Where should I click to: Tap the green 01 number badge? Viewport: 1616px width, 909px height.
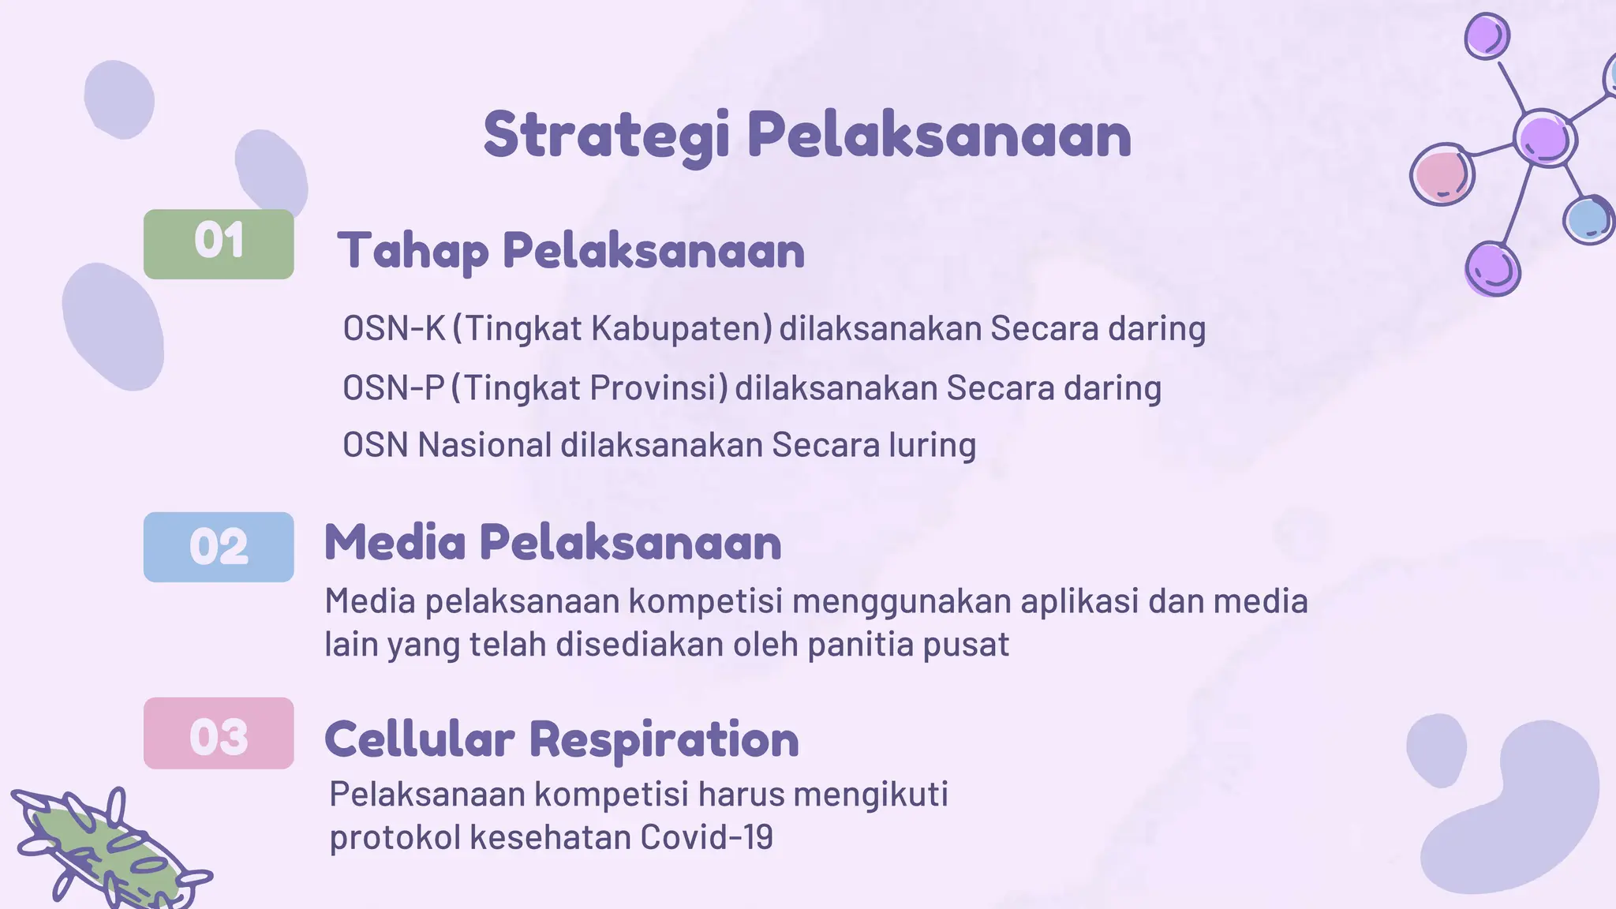pyautogui.click(x=219, y=244)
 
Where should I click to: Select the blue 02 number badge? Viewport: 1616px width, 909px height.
pyautogui.click(x=219, y=547)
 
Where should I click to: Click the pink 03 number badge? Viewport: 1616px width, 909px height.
pyautogui.click(x=219, y=733)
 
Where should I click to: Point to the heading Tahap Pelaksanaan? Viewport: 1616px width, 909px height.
pyautogui.click(x=570, y=251)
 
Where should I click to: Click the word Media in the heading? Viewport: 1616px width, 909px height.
pyautogui.click(x=395, y=543)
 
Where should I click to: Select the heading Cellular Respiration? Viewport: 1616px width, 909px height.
pyautogui.click(x=561, y=739)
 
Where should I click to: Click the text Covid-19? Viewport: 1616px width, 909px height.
pyautogui.click(x=706, y=837)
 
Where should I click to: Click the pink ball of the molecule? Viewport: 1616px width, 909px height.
pyautogui.click(x=1442, y=174)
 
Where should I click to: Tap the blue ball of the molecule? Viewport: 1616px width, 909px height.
pyautogui.click(x=1587, y=219)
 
